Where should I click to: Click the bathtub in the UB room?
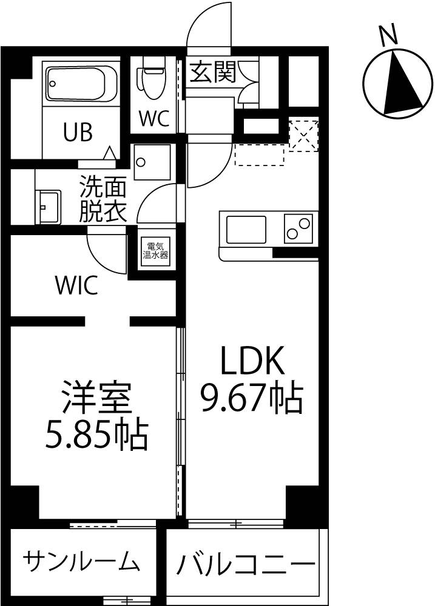(x=81, y=84)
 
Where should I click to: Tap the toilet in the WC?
(x=153, y=78)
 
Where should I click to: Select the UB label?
(x=78, y=132)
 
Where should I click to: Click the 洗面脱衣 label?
(x=103, y=199)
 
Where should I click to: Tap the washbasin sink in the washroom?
(x=48, y=207)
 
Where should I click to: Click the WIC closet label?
(x=76, y=286)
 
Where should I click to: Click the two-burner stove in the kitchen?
(x=298, y=228)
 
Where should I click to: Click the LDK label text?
(x=252, y=360)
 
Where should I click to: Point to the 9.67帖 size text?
(x=251, y=398)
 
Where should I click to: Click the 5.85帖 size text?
(x=96, y=435)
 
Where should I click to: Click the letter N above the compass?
(x=388, y=34)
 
